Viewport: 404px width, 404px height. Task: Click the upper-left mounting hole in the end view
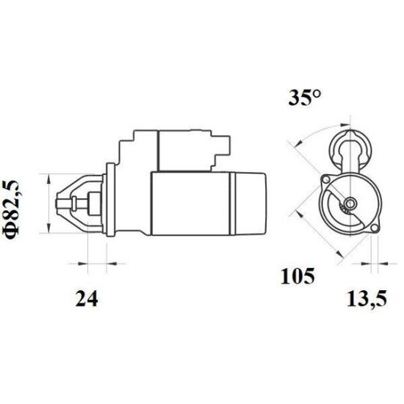pyautogui.click(x=326, y=178)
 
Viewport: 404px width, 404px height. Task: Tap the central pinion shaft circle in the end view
pyautogui.click(x=350, y=203)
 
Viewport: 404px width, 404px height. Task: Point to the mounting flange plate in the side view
pyautogui.click(x=110, y=200)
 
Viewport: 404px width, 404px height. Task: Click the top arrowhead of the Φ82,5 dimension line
pyautogui.click(x=49, y=177)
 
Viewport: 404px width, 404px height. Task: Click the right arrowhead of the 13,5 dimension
pyautogui.click(x=380, y=262)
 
